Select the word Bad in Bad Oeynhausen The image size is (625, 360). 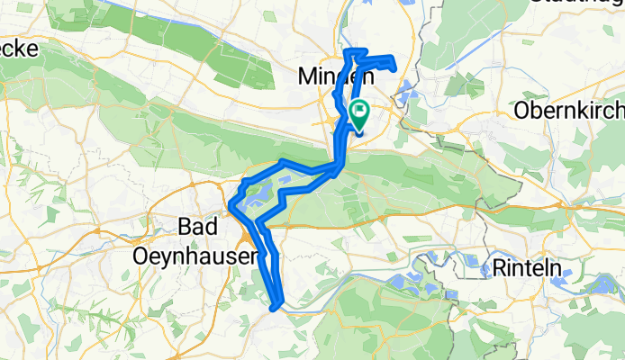point(198,227)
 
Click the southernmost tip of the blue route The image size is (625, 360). point(276,308)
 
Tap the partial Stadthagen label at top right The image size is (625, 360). point(576,3)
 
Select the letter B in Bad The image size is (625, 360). point(185,227)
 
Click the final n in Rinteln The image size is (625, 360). point(553,267)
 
